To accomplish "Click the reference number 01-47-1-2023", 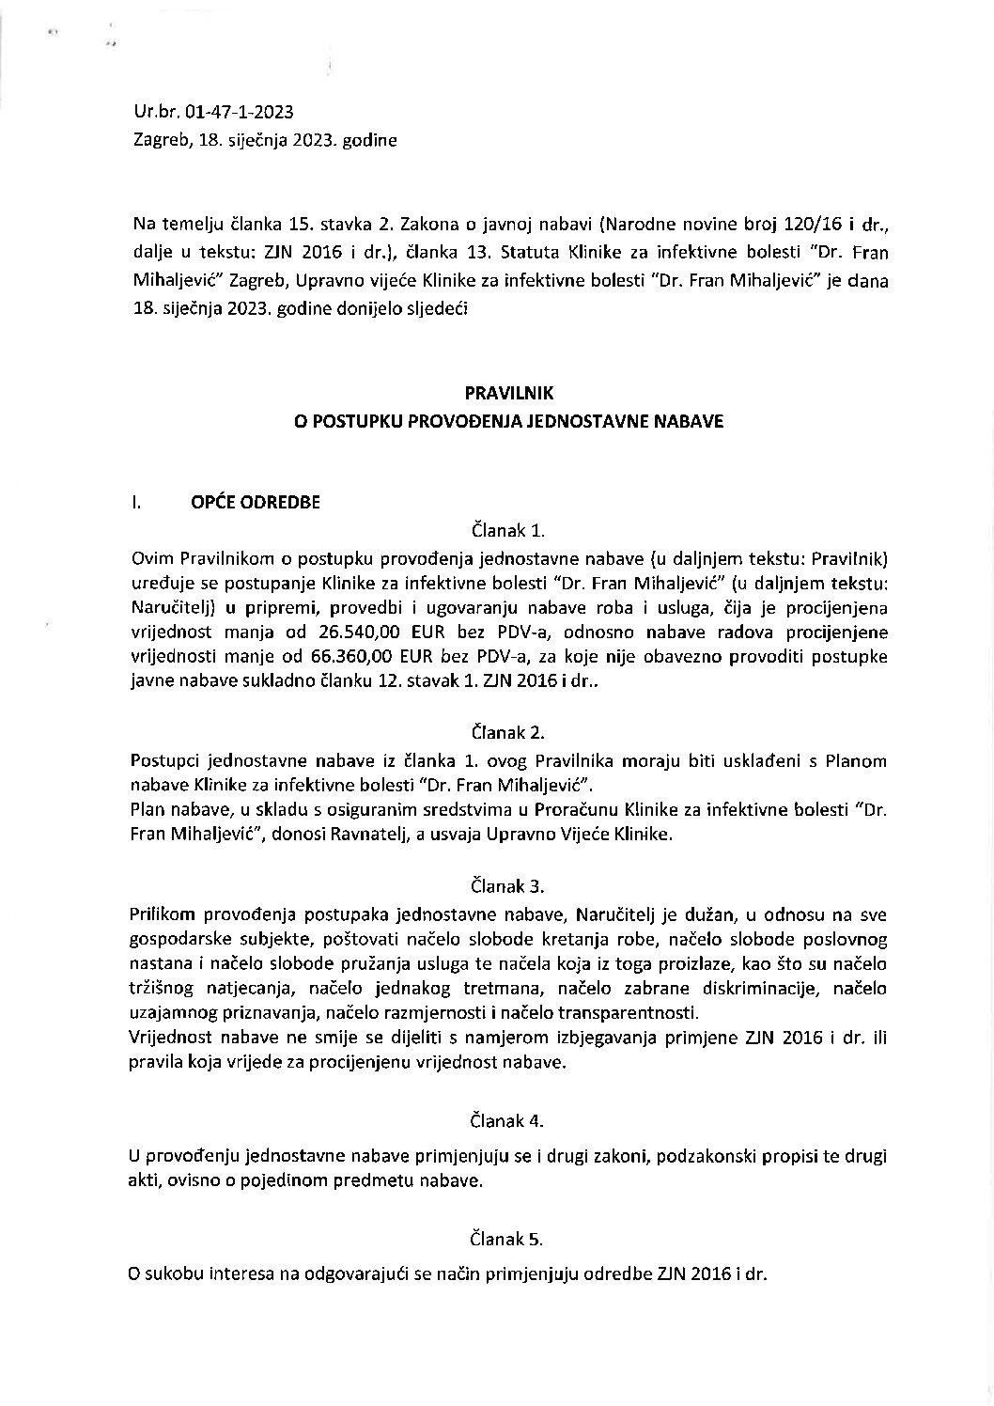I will pyautogui.click(x=240, y=113).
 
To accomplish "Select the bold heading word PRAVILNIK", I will pyautogui.click(x=508, y=396).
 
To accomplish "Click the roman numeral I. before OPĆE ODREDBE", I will pyautogui.click(x=137, y=502).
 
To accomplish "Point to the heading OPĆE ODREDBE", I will pyautogui.click(x=256, y=502).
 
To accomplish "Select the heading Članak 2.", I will pyautogui.click(x=509, y=732).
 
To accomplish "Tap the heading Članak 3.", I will pyautogui.click(x=509, y=885).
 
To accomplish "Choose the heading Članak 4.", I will pyautogui.click(x=509, y=1120).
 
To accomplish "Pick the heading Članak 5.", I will pyautogui.click(x=509, y=1239).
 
